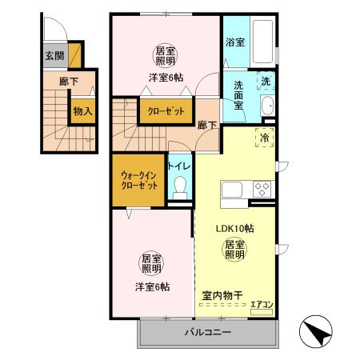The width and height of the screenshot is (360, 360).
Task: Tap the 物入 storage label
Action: coord(82,111)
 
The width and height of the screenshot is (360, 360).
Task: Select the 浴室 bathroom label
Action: coord(234,42)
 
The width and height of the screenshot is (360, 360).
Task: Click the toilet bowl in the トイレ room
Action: coord(180,186)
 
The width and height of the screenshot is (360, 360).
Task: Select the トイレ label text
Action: coord(178,166)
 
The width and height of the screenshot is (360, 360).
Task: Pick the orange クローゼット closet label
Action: coord(166,111)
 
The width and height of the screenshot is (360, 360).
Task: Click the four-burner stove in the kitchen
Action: coord(262,190)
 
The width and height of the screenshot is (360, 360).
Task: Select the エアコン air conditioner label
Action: coord(262,304)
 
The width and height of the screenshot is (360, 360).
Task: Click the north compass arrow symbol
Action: coord(317,330)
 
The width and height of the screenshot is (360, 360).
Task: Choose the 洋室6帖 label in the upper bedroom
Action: coord(164,77)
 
